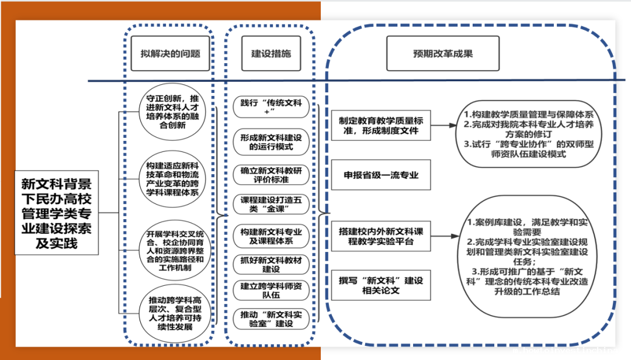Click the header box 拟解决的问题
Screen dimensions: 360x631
171,54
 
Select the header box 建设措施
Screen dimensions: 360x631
271,54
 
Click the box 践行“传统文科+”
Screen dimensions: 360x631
271,108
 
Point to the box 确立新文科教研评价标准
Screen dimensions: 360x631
271,174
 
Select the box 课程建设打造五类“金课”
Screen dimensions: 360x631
271,204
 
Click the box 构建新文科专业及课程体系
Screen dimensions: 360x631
271,236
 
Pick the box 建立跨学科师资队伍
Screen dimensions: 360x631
271,290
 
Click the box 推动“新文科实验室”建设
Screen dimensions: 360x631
271,319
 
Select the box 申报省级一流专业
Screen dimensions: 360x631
380,175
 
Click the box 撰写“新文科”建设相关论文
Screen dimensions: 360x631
380,285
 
